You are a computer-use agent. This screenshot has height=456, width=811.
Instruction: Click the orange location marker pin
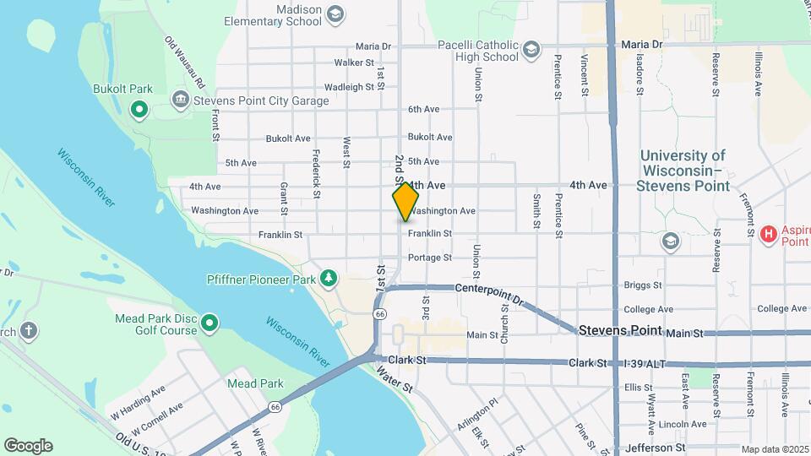pos(405,201)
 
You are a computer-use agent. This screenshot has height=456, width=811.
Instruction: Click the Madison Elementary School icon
pos(335,14)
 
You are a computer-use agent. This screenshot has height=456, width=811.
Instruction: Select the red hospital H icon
pos(768,234)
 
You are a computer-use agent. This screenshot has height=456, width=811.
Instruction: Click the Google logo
pos(28,446)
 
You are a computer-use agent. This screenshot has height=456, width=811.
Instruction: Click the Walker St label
pos(354,62)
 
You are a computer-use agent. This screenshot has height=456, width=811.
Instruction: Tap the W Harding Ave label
pos(139,396)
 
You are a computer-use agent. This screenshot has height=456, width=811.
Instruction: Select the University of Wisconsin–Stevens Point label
pos(683,170)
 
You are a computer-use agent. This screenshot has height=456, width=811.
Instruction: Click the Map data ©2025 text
pos(774,449)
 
